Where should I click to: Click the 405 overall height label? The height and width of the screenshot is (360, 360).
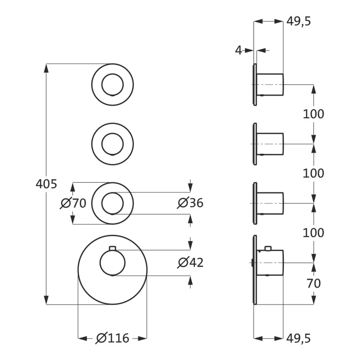click(x=46, y=184)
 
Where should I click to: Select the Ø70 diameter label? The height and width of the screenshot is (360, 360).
click(x=73, y=203)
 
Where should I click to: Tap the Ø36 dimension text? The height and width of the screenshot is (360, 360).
click(x=190, y=203)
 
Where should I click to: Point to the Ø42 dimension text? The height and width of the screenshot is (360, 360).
click(x=190, y=263)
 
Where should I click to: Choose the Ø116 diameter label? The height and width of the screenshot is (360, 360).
click(x=113, y=338)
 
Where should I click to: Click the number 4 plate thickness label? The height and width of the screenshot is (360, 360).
click(x=239, y=50)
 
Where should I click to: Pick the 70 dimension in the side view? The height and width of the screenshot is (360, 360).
click(x=313, y=283)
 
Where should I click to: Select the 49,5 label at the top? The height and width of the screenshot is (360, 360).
click(x=299, y=22)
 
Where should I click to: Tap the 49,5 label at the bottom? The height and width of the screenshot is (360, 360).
click(x=299, y=338)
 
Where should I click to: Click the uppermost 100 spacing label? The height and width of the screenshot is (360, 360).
click(x=313, y=114)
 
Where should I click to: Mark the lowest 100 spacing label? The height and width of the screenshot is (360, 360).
click(x=313, y=233)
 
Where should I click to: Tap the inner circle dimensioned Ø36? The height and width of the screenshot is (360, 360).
click(x=112, y=203)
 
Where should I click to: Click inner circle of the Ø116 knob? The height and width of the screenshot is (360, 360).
click(x=112, y=263)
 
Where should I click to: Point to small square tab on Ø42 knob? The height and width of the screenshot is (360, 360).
click(x=112, y=249)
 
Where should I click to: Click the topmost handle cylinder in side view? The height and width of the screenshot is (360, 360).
click(x=270, y=84)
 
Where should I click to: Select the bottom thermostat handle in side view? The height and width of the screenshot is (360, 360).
click(x=270, y=263)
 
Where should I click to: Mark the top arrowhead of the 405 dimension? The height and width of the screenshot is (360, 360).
click(x=47, y=67)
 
